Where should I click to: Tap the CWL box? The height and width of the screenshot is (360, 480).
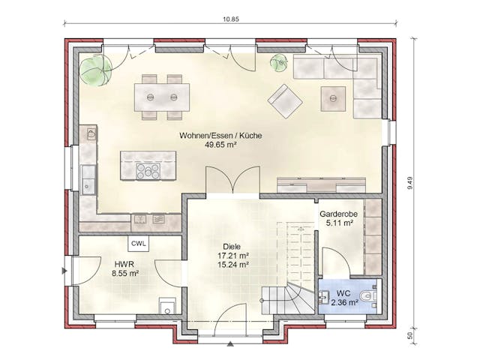coord(139,244)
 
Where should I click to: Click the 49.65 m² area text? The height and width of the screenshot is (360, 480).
coord(220,145)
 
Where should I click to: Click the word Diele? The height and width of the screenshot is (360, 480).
coord(232,245)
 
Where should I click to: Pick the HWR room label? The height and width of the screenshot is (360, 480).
coord(124,264)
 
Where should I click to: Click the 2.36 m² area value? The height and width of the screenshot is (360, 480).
coord(343,302)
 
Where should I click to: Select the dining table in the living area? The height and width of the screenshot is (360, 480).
coord(161,96)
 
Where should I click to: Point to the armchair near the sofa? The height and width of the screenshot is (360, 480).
coord(286,100)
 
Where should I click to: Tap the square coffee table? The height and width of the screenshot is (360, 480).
coord(331,98)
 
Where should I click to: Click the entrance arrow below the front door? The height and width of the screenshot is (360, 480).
coord(230,344)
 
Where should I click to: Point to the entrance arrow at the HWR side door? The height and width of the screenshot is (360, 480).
coord(67,267)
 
